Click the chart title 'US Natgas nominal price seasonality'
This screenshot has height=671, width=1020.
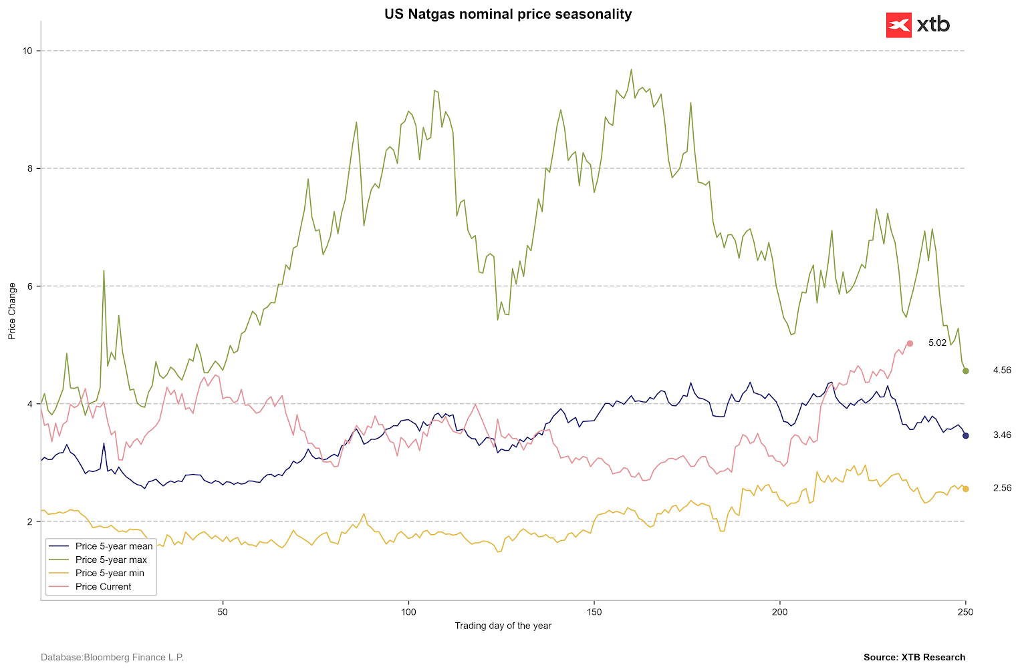tap(508, 14)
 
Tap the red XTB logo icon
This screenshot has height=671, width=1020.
tap(898, 25)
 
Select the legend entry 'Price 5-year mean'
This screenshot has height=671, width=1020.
tap(114, 546)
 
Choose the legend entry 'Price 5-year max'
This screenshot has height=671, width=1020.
tap(111, 560)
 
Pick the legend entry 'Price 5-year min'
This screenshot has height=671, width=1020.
tap(110, 573)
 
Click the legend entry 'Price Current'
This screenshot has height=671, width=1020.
tap(103, 586)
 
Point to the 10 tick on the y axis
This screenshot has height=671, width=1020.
tap(33, 51)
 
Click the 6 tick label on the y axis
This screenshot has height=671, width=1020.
tap(33, 286)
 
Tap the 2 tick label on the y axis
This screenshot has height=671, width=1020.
tap(33, 521)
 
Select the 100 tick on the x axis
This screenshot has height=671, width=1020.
tap(408, 612)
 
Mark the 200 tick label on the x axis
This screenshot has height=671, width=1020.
tap(780, 612)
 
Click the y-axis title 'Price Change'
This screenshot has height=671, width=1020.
tap(12, 310)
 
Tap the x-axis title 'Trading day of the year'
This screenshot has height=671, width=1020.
tap(503, 626)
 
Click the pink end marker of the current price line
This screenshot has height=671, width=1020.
tap(910, 343)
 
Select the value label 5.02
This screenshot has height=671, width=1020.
tap(937, 343)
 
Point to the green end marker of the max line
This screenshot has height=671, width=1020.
tap(965, 371)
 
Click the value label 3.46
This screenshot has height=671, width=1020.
tap(1002, 435)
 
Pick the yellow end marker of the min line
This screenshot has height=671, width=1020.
tap(965, 489)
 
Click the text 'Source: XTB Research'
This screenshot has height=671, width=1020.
tap(914, 658)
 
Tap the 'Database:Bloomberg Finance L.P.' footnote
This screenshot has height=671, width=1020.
tap(112, 658)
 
